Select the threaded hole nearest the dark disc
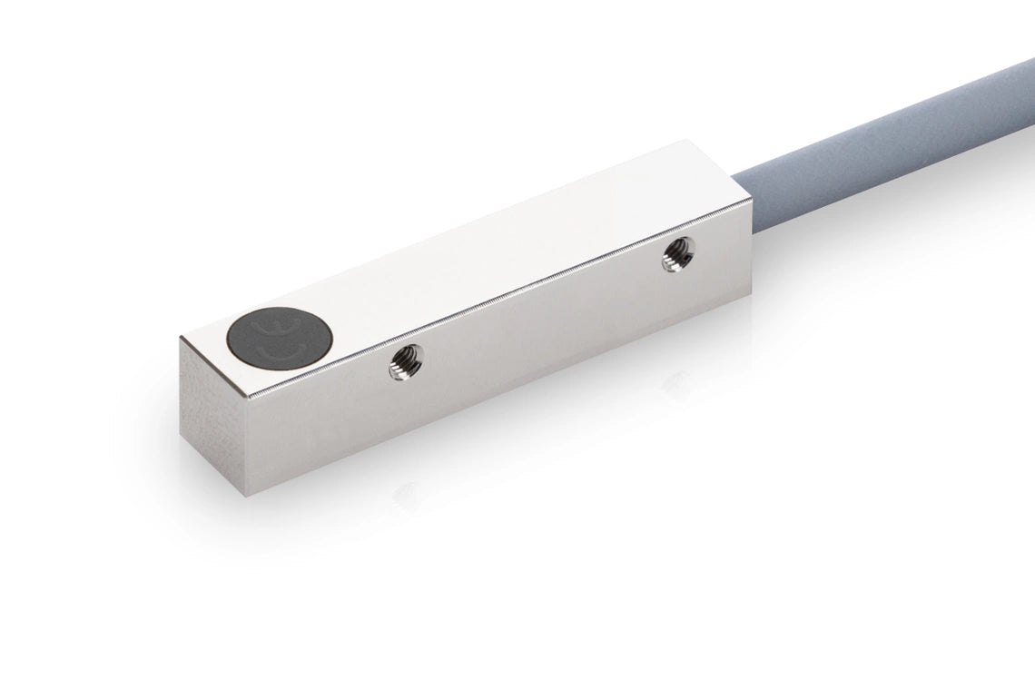400,366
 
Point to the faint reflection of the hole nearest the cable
676,385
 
